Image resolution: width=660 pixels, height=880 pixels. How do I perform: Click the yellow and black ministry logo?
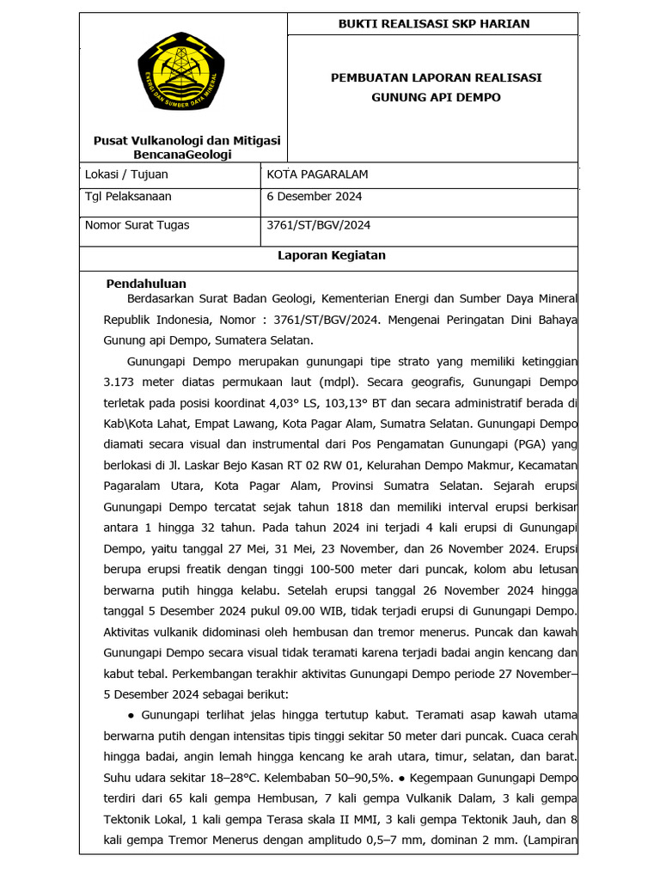pos(181,78)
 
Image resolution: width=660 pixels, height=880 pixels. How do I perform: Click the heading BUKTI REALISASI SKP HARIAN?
pos(433,23)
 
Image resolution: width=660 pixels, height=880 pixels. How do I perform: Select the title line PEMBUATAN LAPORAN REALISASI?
pos(436,77)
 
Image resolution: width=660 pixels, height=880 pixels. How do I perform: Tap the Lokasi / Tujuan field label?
pos(127,174)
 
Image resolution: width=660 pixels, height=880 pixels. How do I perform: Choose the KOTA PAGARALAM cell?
pos(318,174)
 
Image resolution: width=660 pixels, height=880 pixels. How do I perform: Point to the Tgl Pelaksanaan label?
pos(128,197)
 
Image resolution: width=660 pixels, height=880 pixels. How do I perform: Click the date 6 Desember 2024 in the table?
pos(315,197)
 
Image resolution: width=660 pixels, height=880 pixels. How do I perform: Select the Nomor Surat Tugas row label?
pos(137,225)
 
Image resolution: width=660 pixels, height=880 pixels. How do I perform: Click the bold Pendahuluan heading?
pos(146,284)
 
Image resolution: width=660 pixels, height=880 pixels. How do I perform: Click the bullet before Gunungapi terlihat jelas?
pos(130,715)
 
